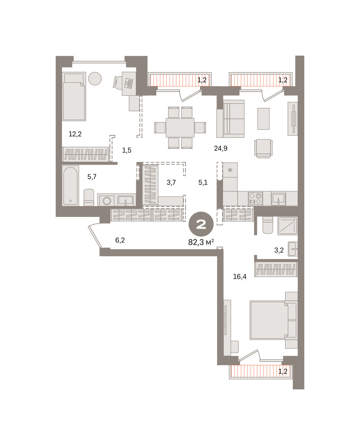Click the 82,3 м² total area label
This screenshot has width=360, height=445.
(201, 243)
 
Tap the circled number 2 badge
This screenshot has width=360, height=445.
(201, 224)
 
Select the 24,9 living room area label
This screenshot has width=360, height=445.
(220, 148)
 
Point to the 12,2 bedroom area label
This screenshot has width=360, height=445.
(75, 134)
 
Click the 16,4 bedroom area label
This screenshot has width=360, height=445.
(240, 277)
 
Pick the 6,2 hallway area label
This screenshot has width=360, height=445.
(120, 240)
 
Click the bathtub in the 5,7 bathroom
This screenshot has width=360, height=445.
(71, 185)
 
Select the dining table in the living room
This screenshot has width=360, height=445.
(180, 128)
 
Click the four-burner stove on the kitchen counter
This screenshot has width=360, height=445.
(255, 198)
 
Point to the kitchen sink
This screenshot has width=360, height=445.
(278, 199)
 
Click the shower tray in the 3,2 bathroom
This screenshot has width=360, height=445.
(288, 226)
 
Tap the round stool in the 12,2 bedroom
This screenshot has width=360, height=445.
(95, 79)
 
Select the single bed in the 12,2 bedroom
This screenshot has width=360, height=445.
(74, 96)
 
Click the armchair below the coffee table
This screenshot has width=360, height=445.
(264, 149)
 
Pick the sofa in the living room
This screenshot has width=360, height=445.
(230, 119)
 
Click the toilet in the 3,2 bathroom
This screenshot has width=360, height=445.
(268, 225)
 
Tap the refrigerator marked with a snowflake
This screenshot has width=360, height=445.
(230, 170)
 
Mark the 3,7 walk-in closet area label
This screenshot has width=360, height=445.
(171, 182)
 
